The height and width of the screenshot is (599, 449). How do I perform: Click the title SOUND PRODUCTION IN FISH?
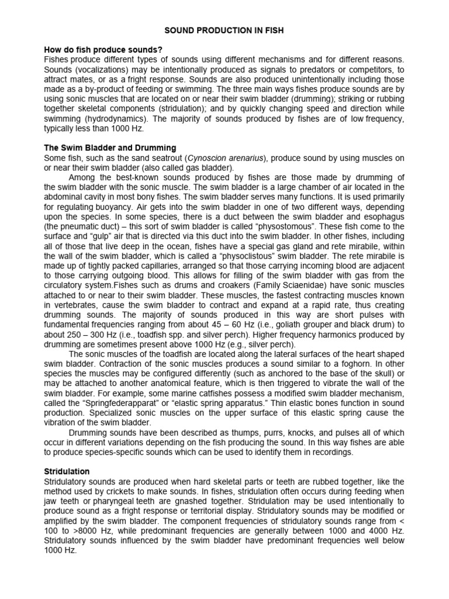224,30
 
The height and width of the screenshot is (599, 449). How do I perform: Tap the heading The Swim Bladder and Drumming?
110,148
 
